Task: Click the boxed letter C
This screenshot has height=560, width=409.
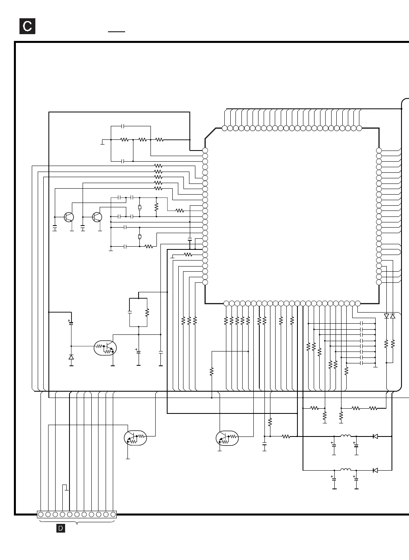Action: [x=27, y=26]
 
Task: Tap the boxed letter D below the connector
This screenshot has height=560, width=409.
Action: [x=61, y=528]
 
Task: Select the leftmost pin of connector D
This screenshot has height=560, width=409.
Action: [x=41, y=514]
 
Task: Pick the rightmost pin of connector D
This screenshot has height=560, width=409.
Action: [x=113, y=514]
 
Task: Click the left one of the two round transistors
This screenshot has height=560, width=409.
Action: [x=69, y=217]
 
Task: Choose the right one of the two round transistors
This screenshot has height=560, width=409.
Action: [x=96, y=217]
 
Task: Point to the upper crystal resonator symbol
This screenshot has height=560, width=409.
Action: [x=139, y=207]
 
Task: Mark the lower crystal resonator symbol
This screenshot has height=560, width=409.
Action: [x=139, y=237]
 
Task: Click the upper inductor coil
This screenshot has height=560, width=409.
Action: [x=345, y=436]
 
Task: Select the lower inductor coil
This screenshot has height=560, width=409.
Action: [x=345, y=470]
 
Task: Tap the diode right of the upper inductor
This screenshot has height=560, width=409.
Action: [x=375, y=436]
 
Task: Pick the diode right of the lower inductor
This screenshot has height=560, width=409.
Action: [x=375, y=470]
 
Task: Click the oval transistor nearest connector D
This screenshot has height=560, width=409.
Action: [x=135, y=438]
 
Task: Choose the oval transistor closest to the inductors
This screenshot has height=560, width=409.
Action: [x=227, y=438]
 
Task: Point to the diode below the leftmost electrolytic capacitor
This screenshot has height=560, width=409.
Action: [x=71, y=357]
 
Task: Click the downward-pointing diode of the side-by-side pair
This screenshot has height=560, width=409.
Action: [x=386, y=316]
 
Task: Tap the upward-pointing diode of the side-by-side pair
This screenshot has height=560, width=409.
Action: [x=393, y=316]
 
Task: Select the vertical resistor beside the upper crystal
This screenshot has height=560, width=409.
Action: [x=156, y=207]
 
